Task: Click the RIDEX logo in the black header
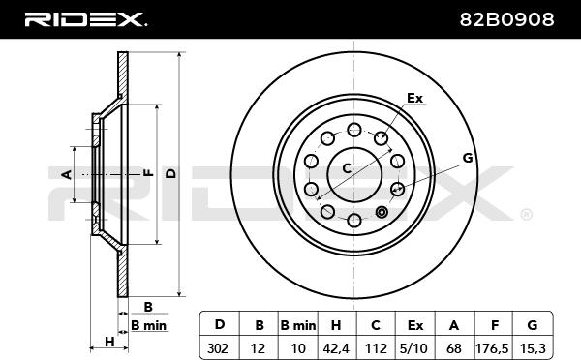85,19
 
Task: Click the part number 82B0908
506,19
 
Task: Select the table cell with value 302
218,348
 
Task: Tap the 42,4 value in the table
336,348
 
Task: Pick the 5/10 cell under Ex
414,348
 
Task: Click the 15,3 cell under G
533,348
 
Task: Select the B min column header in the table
298,325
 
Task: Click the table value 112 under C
376,348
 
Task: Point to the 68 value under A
454,348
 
